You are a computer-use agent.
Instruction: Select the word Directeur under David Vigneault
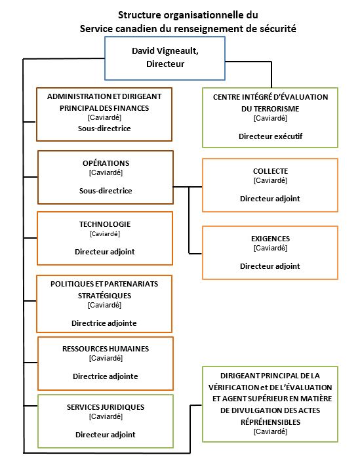pyautogui.click(x=165, y=65)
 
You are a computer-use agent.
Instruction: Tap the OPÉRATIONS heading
pyautogui.click(x=105, y=163)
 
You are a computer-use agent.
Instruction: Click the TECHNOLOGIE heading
pyautogui.click(x=105, y=224)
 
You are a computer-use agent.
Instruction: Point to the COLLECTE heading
pyautogui.click(x=270, y=171)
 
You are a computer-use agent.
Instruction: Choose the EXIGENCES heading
pyautogui.click(x=270, y=239)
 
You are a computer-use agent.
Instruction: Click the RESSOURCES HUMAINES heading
pyautogui.click(x=105, y=348)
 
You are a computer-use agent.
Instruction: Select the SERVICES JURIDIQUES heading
pyautogui.click(x=105, y=407)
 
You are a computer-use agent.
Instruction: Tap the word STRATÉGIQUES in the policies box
pyautogui.click(x=105, y=295)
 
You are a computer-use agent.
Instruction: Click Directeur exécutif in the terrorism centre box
pyautogui.click(x=270, y=136)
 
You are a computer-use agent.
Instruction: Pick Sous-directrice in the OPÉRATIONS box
pyautogui.click(x=105, y=191)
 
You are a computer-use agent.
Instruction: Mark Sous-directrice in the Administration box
pyautogui.click(x=105, y=128)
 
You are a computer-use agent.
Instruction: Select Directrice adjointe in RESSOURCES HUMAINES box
pyautogui.click(x=105, y=376)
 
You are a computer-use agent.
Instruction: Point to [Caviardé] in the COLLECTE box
pyautogui.click(x=270, y=180)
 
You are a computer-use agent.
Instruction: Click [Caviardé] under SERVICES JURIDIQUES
pyautogui.click(x=105, y=416)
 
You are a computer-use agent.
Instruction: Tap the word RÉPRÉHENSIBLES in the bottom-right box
pyautogui.click(x=270, y=422)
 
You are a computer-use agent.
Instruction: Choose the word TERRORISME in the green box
pyautogui.click(x=270, y=108)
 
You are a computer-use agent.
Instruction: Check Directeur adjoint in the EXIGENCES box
pyautogui.click(x=270, y=266)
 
